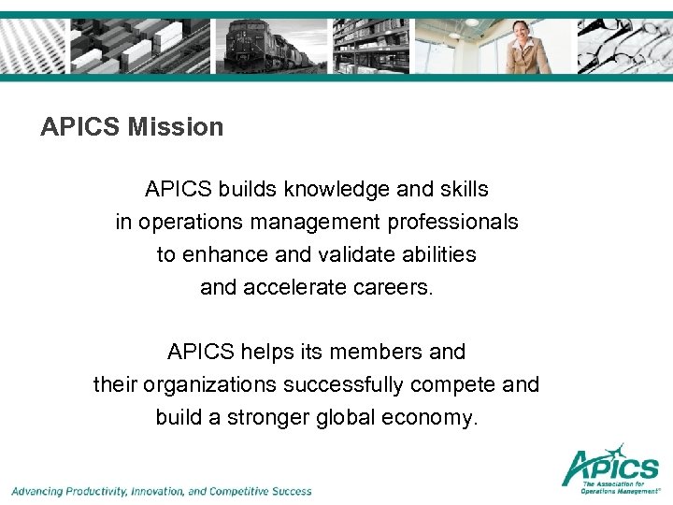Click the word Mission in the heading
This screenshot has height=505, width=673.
(x=178, y=127)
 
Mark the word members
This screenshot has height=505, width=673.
(x=374, y=353)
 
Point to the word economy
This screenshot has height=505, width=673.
(x=430, y=417)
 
